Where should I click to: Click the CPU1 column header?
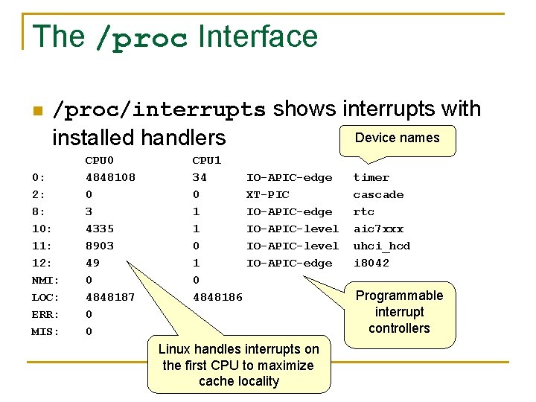(x=206, y=160)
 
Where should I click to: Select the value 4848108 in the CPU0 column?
(x=110, y=177)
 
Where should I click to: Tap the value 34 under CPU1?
(x=200, y=177)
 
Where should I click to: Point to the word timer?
(x=371, y=177)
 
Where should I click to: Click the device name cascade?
(x=378, y=194)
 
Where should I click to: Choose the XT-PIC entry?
(x=267, y=194)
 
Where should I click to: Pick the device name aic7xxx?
(x=378, y=229)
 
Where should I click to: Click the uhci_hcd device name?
(x=381, y=246)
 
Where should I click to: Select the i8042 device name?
(x=371, y=263)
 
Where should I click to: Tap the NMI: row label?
(x=45, y=280)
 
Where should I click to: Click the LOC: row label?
(x=45, y=297)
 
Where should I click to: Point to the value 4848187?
(x=110, y=297)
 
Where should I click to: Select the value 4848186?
(x=217, y=297)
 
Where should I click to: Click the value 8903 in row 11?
(x=99, y=246)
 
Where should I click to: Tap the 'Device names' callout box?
(x=397, y=138)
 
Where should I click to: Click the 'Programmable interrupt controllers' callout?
(x=399, y=312)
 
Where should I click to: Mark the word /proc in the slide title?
(x=141, y=38)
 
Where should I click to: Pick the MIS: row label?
(x=45, y=331)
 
